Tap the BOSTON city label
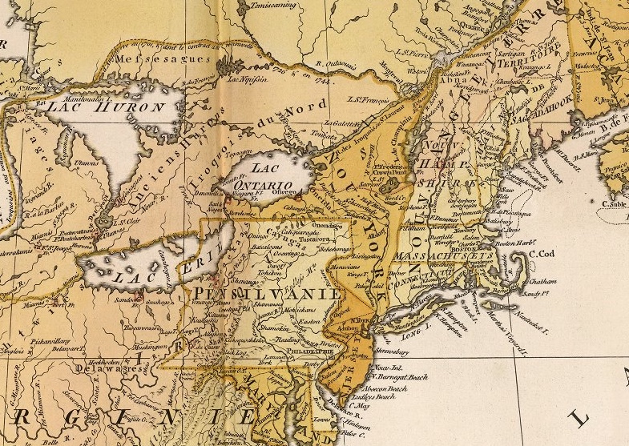[466, 250]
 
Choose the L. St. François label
[368, 99]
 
